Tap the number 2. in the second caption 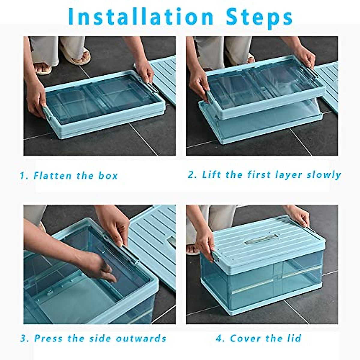tap(192, 175)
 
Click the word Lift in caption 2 tap(212, 175)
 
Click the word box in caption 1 tap(108, 175)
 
